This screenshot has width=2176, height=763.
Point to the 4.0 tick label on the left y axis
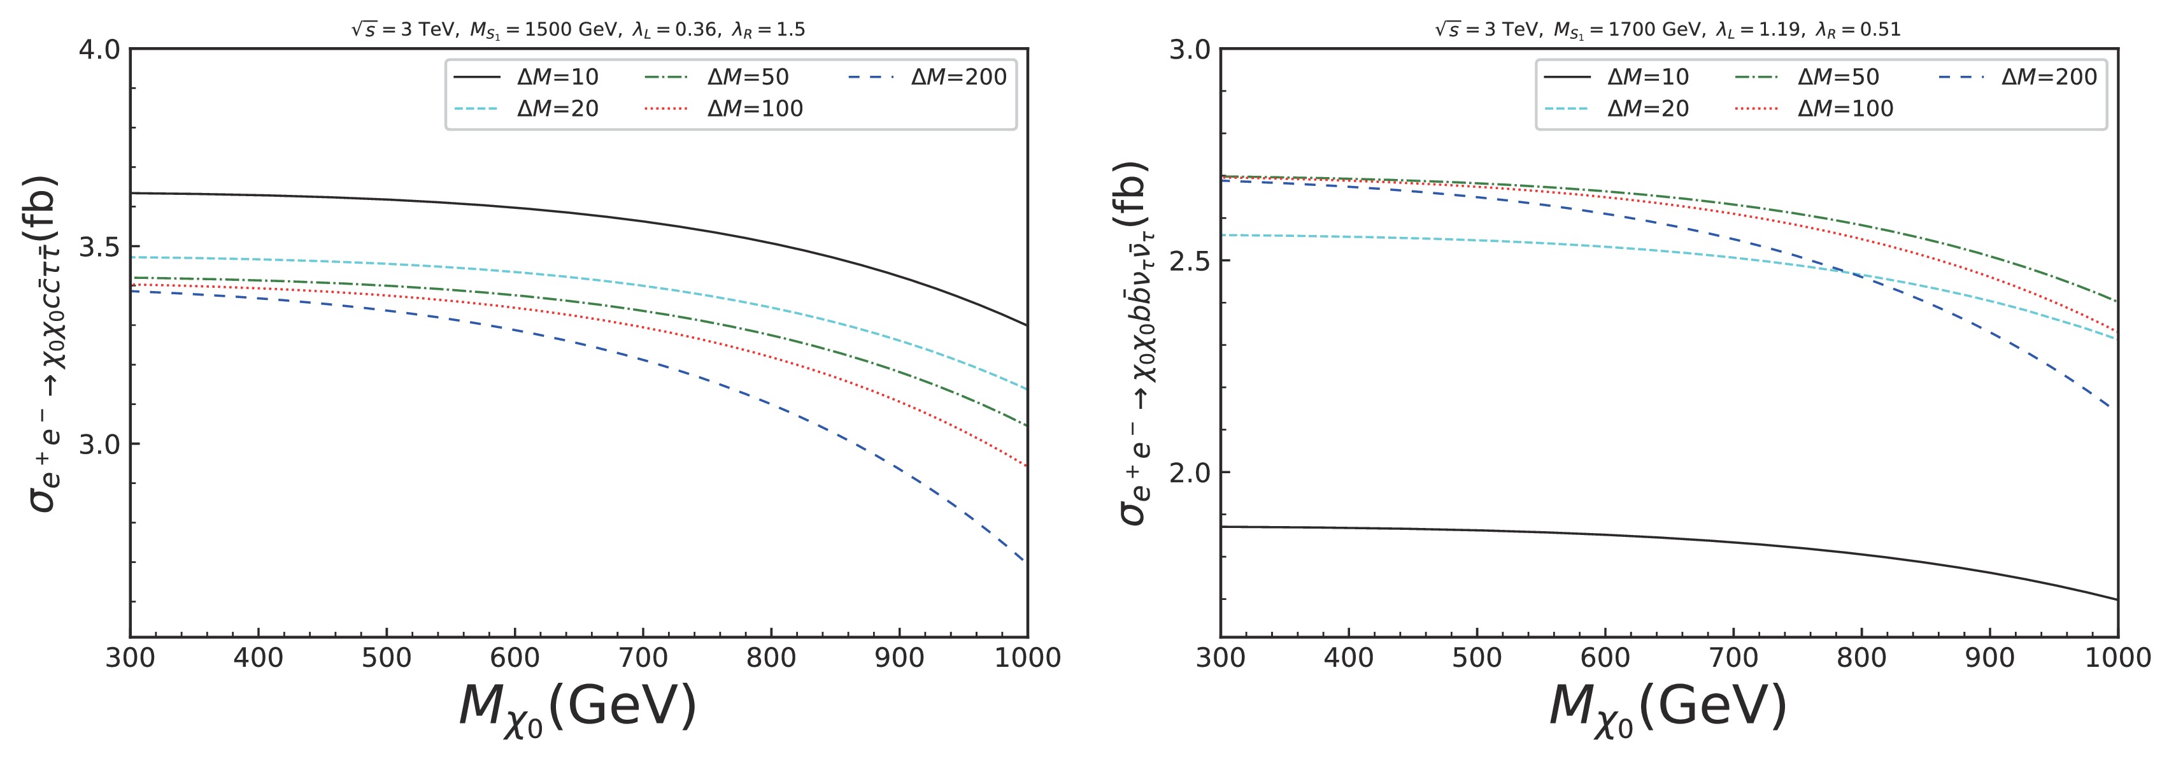point(100,50)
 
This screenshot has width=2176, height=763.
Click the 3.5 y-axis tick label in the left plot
point(100,246)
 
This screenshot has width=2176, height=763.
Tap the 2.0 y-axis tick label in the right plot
point(1190,473)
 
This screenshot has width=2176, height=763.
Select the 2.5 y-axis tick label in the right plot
point(1190,261)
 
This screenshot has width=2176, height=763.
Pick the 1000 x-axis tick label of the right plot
point(2117,658)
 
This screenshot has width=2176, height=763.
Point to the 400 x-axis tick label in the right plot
point(1348,658)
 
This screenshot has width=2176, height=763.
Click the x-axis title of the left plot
point(578,708)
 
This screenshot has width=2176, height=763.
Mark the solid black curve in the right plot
point(1605,535)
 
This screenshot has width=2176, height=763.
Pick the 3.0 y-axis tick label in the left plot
point(100,445)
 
